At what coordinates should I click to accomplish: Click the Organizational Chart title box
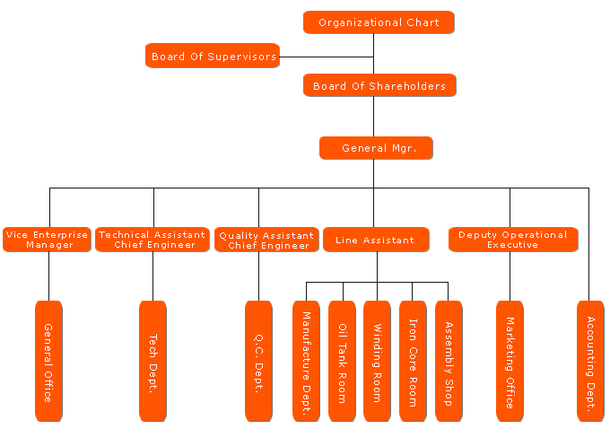(x=379, y=22)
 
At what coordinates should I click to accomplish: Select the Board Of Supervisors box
(x=213, y=56)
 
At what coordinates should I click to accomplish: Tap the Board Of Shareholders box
(x=379, y=85)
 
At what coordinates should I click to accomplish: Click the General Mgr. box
(x=376, y=148)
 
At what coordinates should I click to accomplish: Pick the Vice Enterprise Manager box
(x=47, y=240)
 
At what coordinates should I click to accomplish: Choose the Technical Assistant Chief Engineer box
(x=152, y=240)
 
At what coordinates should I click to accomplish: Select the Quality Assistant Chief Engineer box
(x=266, y=240)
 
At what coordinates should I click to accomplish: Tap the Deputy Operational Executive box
(x=512, y=240)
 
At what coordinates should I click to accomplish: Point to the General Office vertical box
(x=48, y=361)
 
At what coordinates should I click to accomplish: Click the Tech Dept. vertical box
(x=152, y=361)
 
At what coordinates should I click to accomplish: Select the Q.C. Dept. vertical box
(x=258, y=361)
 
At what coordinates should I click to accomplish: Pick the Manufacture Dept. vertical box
(x=306, y=361)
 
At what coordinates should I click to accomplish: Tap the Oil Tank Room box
(x=342, y=361)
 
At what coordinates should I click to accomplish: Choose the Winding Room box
(x=377, y=361)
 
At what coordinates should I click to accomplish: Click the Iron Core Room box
(x=413, y=361)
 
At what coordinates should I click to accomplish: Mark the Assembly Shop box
(x=449, y=361)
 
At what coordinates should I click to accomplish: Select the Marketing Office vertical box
(x=510, y=361)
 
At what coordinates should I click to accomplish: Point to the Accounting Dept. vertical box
(x=590, y=361)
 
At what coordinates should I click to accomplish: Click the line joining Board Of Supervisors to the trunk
(x=327, y=57)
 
